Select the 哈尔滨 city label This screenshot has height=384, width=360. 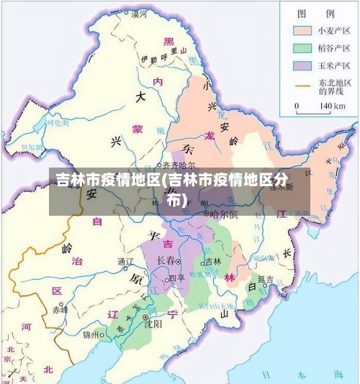click(x=224, y=214)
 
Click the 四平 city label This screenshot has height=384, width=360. click(x=176, y=278)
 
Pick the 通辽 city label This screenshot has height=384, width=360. click(x=125, y=261)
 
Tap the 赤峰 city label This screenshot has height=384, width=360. click(x=60, y=310)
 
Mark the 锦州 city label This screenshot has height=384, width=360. click(x=91, y=334)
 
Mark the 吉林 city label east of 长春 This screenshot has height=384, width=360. click(x=213, y=261)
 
